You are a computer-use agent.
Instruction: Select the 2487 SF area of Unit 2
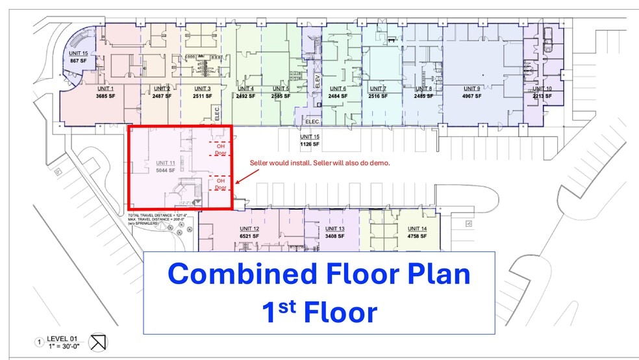click(x=161, y=96)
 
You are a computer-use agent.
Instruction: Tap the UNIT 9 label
click(x=471, y=88)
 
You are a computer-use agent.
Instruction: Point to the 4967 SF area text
click(x=471, y=96)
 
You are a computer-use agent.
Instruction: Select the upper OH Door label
click(x=221, y=150)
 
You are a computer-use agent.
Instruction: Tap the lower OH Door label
click(x=221, y=184)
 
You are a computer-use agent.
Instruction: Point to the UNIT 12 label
click(x=249, y=229)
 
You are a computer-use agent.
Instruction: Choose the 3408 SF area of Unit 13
click(x=335, y=236)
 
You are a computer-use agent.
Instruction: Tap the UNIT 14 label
click(x=417, y=229)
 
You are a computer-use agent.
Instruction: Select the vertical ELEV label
click(x=318, y=81)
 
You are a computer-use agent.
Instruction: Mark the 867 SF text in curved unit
click(x=79, y=60)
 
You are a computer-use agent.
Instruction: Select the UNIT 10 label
click(x=542, y=88)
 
